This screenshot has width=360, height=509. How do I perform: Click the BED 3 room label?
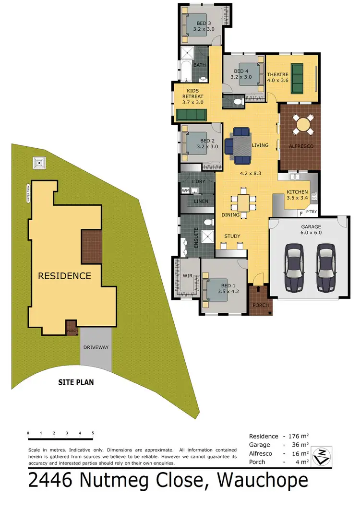click(203, 23)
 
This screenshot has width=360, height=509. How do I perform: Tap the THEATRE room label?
click(278, 74)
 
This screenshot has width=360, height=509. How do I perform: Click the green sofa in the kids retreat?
click(191, 115)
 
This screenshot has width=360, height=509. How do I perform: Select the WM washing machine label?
click(185, 191)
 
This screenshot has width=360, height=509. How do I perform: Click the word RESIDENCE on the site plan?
click(64, 276)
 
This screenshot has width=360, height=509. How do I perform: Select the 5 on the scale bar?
click(93, 433)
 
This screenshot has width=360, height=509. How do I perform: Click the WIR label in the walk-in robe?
click(187, 276)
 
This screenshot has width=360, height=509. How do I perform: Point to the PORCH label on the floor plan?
click(260, 305)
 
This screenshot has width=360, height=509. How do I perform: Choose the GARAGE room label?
click(311, 227)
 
